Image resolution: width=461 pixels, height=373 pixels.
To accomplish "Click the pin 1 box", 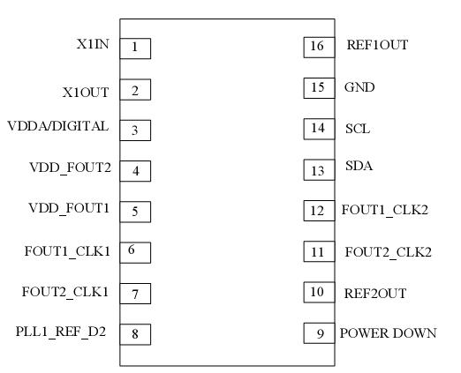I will [135, 48].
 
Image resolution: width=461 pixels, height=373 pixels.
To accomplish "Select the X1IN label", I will [93, 44].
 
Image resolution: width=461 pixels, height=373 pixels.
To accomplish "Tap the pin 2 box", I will [135, 89].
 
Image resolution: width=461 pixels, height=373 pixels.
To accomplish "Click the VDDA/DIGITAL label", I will [58, 126].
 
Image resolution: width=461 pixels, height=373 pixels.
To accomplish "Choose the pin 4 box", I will [135, 170].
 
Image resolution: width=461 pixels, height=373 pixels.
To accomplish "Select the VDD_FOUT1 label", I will [70, 207].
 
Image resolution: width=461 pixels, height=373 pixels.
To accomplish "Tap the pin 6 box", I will [135, 250].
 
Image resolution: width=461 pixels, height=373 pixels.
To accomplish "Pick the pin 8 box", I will [135, 334].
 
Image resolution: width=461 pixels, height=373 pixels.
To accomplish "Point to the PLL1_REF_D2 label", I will [63, 332].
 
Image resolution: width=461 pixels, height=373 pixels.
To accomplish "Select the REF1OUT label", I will [377, 45].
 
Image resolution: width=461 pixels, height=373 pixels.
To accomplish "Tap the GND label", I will [359, 88].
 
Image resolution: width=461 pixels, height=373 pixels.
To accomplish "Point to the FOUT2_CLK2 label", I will [388, 252].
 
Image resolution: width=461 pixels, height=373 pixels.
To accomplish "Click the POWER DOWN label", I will [388, 333].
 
